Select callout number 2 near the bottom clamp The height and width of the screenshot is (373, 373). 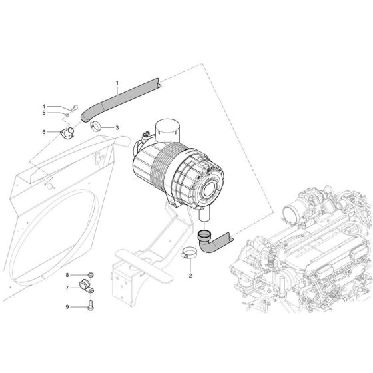coord(190,274)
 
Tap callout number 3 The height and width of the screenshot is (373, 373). coord(117,127)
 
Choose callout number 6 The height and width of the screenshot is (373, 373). coord(45,132)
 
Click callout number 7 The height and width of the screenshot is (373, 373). coord(67,288)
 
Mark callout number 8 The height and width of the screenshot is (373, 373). coord(67,274)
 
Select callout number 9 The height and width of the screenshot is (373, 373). coord(67,307)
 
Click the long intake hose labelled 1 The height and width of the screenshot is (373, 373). coord(123,98)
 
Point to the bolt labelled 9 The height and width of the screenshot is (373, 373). coord(91,307)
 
